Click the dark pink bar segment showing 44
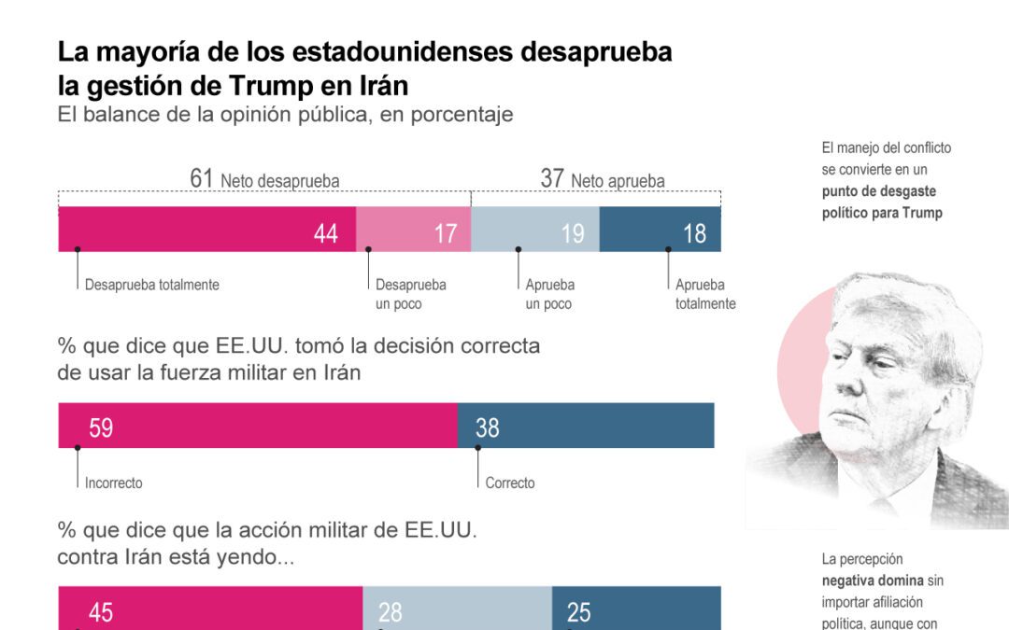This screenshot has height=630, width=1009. pos(206,230)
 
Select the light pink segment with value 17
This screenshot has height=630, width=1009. pos(413,230)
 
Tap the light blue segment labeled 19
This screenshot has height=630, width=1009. pos(534,230)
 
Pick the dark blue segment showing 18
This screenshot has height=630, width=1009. pos(660,230)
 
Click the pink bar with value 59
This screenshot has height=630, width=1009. pos(258,426)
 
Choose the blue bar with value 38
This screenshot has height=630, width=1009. pos(586,426)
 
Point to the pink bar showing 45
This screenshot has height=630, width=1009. pos(210,609)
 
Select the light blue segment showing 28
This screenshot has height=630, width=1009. pos(457,609)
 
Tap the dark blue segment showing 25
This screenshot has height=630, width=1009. pos(636,609)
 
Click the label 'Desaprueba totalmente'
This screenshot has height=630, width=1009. pos(151,285)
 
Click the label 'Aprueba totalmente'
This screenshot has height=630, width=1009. pos(705,294)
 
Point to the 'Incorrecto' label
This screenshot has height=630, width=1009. pos(113,483)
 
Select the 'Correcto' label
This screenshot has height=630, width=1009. pos(510,483)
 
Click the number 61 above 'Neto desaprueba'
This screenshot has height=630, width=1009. pos(202,179)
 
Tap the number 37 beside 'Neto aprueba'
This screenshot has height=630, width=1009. pos(551,179)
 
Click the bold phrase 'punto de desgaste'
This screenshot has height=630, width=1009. pos(878,191)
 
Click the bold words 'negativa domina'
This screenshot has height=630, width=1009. pos(873,581)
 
